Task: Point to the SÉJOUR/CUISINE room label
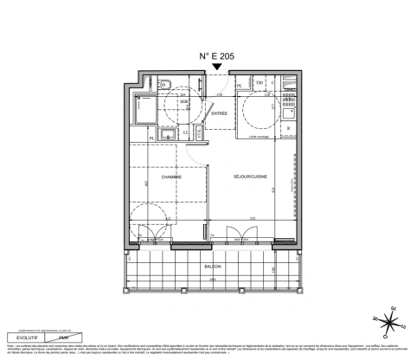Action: pyautogui.click(x=250, y=177)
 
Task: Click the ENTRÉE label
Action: pyautogui.click(x=220, y=113)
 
